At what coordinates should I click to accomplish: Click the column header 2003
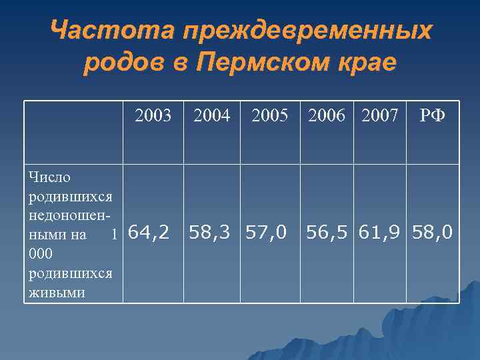point(153,117)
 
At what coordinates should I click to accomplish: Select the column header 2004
point(211,117)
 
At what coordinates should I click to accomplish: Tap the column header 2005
point(269,117)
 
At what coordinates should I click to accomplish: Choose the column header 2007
point(381,117)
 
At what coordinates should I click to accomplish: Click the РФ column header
point(433,117)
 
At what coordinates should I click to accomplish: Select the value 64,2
point(147,233)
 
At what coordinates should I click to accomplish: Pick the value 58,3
point(211,233)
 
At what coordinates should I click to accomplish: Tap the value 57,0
point(266,233)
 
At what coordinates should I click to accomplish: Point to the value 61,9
point(381,233)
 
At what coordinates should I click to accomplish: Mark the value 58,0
point(433,233)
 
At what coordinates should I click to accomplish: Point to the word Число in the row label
point(50,177)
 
